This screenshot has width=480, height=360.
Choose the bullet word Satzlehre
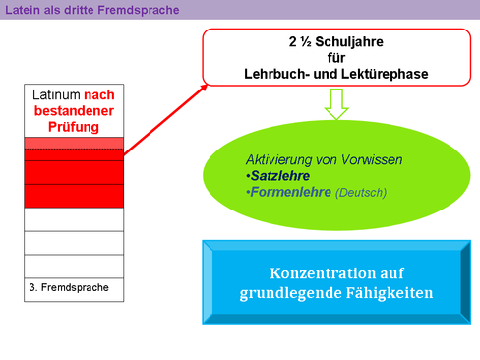280,175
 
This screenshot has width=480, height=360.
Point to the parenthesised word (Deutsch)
362,192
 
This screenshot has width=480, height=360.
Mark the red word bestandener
74,110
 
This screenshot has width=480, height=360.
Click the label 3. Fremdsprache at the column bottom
69,287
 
